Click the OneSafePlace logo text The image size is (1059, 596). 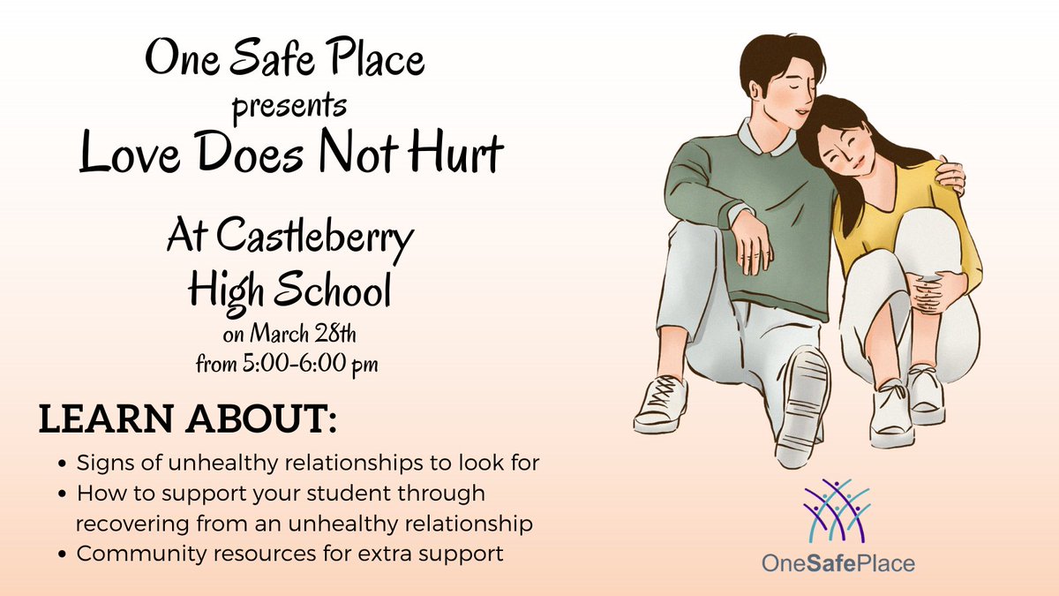click(838, 562)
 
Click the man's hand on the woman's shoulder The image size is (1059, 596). click(950, 176)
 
